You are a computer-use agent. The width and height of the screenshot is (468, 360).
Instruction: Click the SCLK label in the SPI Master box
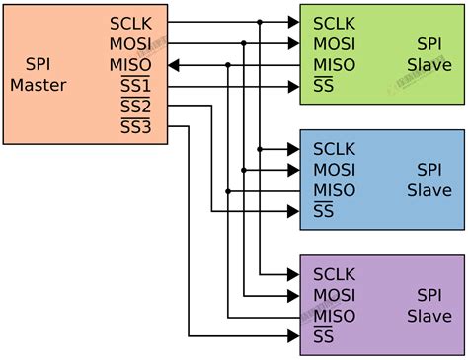[x=131, y=22]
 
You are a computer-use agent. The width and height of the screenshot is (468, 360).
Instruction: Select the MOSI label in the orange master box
[x=131, y=43]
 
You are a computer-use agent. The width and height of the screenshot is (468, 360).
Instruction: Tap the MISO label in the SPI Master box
[x=131, y=65]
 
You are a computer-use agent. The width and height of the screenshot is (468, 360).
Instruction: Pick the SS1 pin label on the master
[x=135, y=87]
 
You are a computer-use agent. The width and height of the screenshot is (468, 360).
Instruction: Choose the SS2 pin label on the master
[x=135, y=107]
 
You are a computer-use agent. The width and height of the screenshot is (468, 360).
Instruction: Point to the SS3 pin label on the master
[x=135, y=127]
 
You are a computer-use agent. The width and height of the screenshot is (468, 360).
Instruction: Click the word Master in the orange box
[x=39, y=85]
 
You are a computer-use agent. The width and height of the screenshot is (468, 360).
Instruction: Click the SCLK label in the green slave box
[x=334, y=22]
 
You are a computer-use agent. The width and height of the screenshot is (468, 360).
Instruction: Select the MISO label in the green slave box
[x=334, y=65]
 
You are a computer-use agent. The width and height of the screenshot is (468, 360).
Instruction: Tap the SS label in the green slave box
[x=322, y=86]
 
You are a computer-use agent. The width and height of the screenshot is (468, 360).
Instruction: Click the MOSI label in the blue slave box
[x=334, y=170]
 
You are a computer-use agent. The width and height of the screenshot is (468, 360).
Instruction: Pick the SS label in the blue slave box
[x=322, y=211]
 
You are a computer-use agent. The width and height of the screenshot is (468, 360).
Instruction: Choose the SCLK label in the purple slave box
[x=334, y=274]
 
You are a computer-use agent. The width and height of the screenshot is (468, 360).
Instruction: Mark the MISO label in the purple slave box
[x=334, y=317]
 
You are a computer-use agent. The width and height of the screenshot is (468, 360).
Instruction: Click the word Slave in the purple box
[x=429, y=317]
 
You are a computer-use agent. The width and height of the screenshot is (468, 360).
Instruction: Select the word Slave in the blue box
[x=429, y=190]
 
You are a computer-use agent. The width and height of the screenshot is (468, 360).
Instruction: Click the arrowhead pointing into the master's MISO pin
[x=174, y=65]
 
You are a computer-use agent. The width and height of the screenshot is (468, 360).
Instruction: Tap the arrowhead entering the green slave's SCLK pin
[x=293, y=22]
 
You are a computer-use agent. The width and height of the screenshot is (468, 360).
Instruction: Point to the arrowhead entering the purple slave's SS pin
[x=293, y=337]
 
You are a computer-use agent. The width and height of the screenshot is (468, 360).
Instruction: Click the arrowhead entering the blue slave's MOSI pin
[x=293, y=170]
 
